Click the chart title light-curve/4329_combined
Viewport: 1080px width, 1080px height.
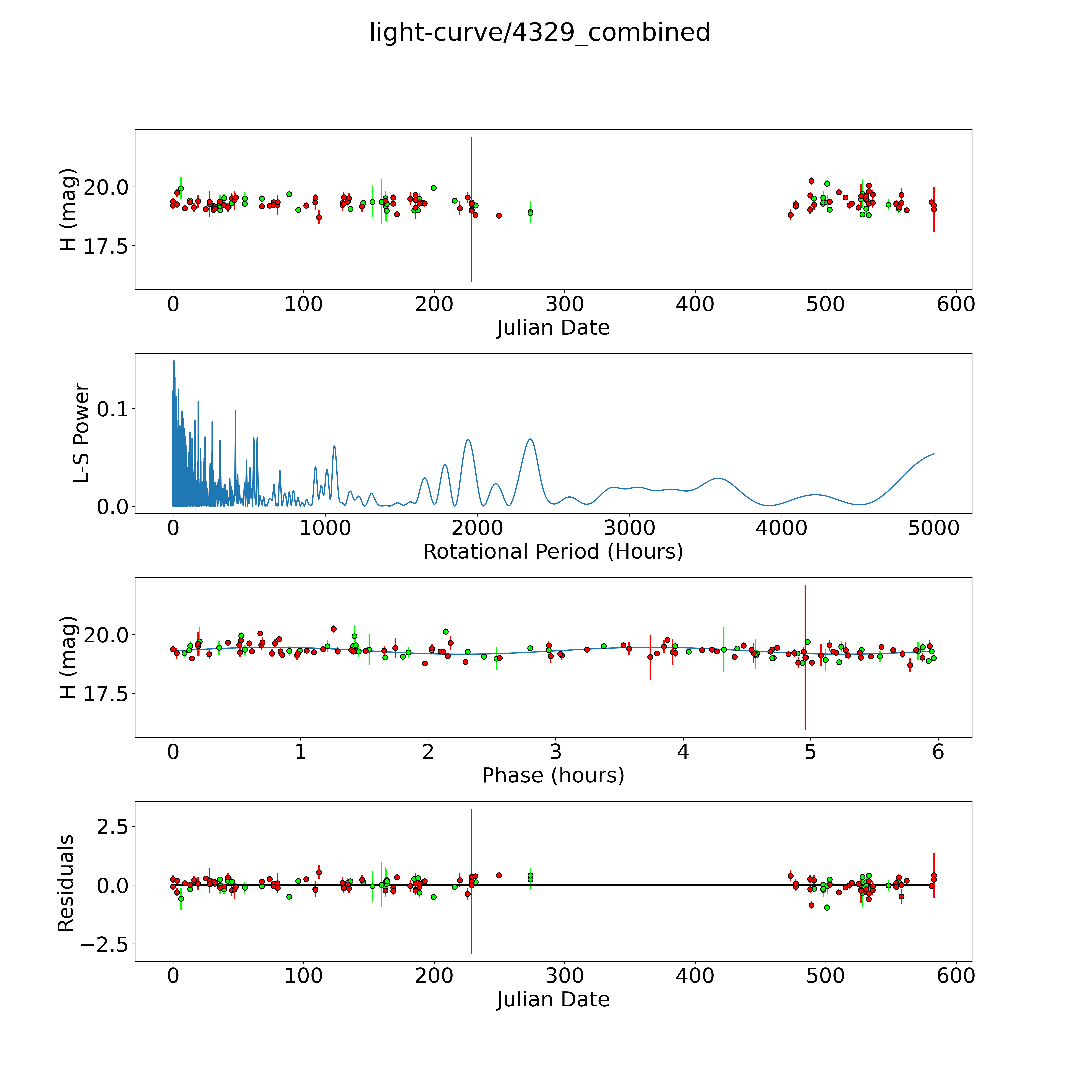click(539, 32)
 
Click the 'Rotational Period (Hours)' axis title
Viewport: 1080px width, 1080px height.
click(553, 552)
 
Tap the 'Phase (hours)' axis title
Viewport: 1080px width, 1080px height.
click(553, 775)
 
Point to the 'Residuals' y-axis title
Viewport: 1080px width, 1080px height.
click(66, 883)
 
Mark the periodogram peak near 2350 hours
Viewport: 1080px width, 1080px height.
click(530, 439)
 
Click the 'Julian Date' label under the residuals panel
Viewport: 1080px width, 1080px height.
click(553, 1000)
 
